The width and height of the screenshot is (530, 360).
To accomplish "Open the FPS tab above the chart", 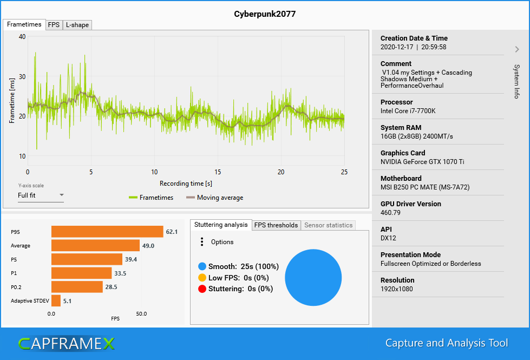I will point(54,25).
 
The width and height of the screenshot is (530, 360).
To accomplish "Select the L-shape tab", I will point(77,25).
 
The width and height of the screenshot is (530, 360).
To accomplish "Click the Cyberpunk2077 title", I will point(265,14).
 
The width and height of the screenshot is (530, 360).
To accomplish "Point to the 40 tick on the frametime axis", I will point(22,37).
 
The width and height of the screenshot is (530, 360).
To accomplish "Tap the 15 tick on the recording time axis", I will point(218,172).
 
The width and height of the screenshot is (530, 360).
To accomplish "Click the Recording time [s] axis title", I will point(186,184).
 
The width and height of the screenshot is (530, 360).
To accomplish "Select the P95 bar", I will point(107,232).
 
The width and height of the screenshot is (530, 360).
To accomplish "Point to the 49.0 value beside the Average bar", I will point(148,246).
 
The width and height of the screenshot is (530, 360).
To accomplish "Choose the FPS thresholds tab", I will point(276,225).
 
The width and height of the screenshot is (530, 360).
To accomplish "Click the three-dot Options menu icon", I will point(202,242).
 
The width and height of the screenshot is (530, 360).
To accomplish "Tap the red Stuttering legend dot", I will point(202,289).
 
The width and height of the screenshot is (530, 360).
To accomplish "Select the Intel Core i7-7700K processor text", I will point(408,111).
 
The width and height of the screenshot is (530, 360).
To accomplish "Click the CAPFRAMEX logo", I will point(66,343).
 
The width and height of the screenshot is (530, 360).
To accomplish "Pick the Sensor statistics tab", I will point(328,225).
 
